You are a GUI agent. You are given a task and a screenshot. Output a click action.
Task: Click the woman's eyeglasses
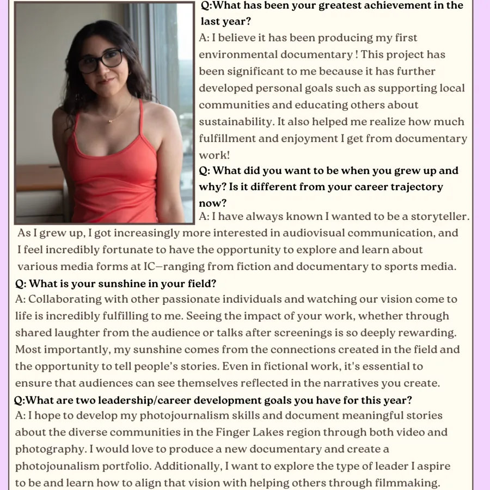[x=100, y=61]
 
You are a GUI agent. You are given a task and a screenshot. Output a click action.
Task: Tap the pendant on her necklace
[x=112, y=120]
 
